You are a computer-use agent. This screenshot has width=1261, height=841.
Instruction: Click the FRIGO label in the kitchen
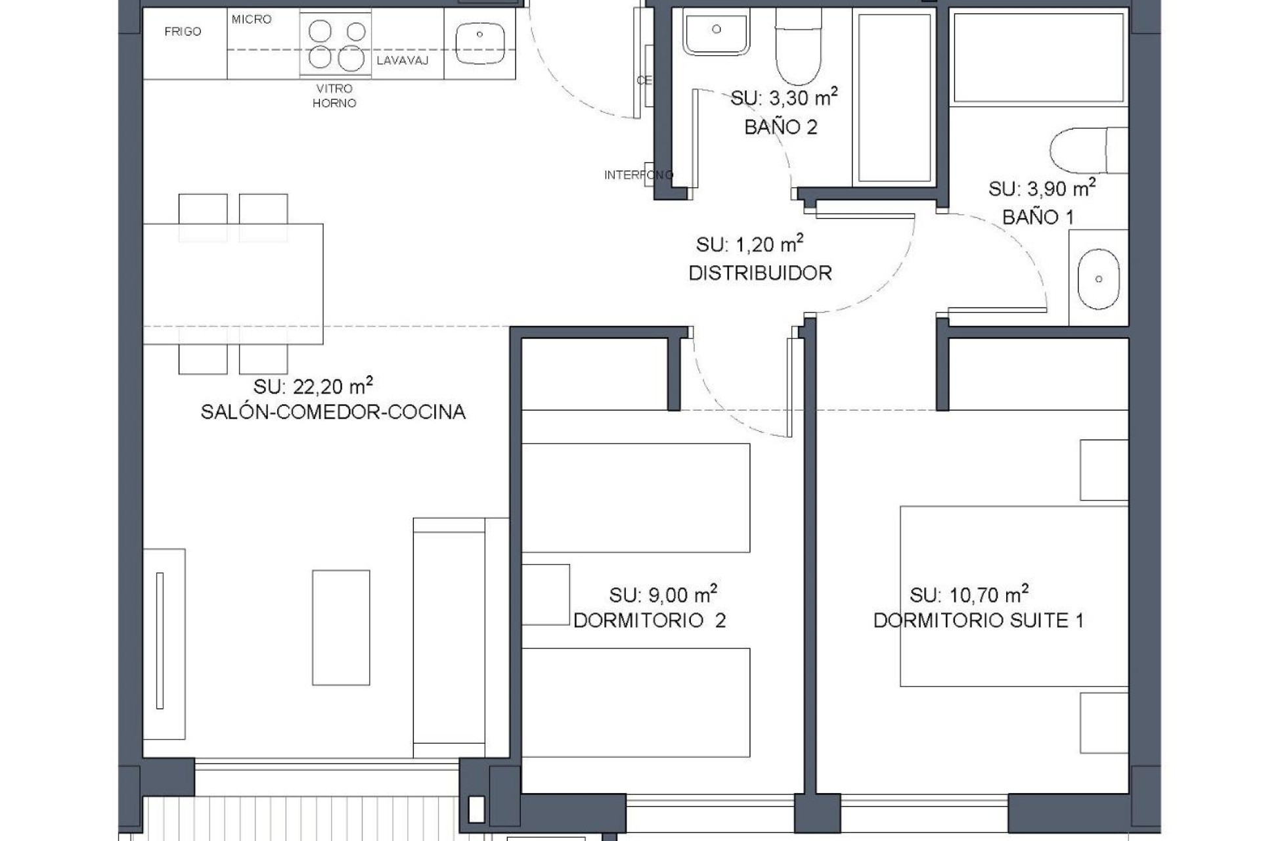click(183, 32)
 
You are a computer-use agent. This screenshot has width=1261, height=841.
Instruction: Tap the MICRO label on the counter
click(252, 20)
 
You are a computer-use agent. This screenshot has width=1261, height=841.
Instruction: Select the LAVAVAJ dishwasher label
click(403, 61)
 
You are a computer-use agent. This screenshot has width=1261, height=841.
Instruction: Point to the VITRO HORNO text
click(334, 96)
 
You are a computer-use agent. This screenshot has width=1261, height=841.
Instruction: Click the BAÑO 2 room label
click(781, 127)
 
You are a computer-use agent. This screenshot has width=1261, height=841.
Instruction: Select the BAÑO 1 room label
click(1038, 217)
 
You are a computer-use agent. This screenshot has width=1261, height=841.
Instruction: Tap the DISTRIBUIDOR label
click(760, 273)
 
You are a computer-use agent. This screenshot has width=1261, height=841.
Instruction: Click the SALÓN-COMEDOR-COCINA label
click(333, 412)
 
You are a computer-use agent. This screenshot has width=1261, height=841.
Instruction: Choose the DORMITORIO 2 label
click(650, 620)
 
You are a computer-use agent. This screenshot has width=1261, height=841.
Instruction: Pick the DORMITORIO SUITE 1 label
click(978, 620)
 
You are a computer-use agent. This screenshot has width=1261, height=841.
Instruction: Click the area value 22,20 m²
click(314, 386)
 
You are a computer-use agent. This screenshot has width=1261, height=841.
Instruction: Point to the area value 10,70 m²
click(969, 595)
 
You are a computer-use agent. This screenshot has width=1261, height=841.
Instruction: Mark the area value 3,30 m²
click(784, 99)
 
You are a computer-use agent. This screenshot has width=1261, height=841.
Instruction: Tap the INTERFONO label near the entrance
click(638, 175)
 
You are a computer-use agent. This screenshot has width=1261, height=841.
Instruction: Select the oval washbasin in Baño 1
click(1098, 279)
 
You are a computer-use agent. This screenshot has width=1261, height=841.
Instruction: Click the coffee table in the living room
click(341, 627)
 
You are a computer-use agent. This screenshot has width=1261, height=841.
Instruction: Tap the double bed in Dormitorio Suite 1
click(1013, 596)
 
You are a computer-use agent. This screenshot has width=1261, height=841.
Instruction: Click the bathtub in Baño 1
click(1038, 57)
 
